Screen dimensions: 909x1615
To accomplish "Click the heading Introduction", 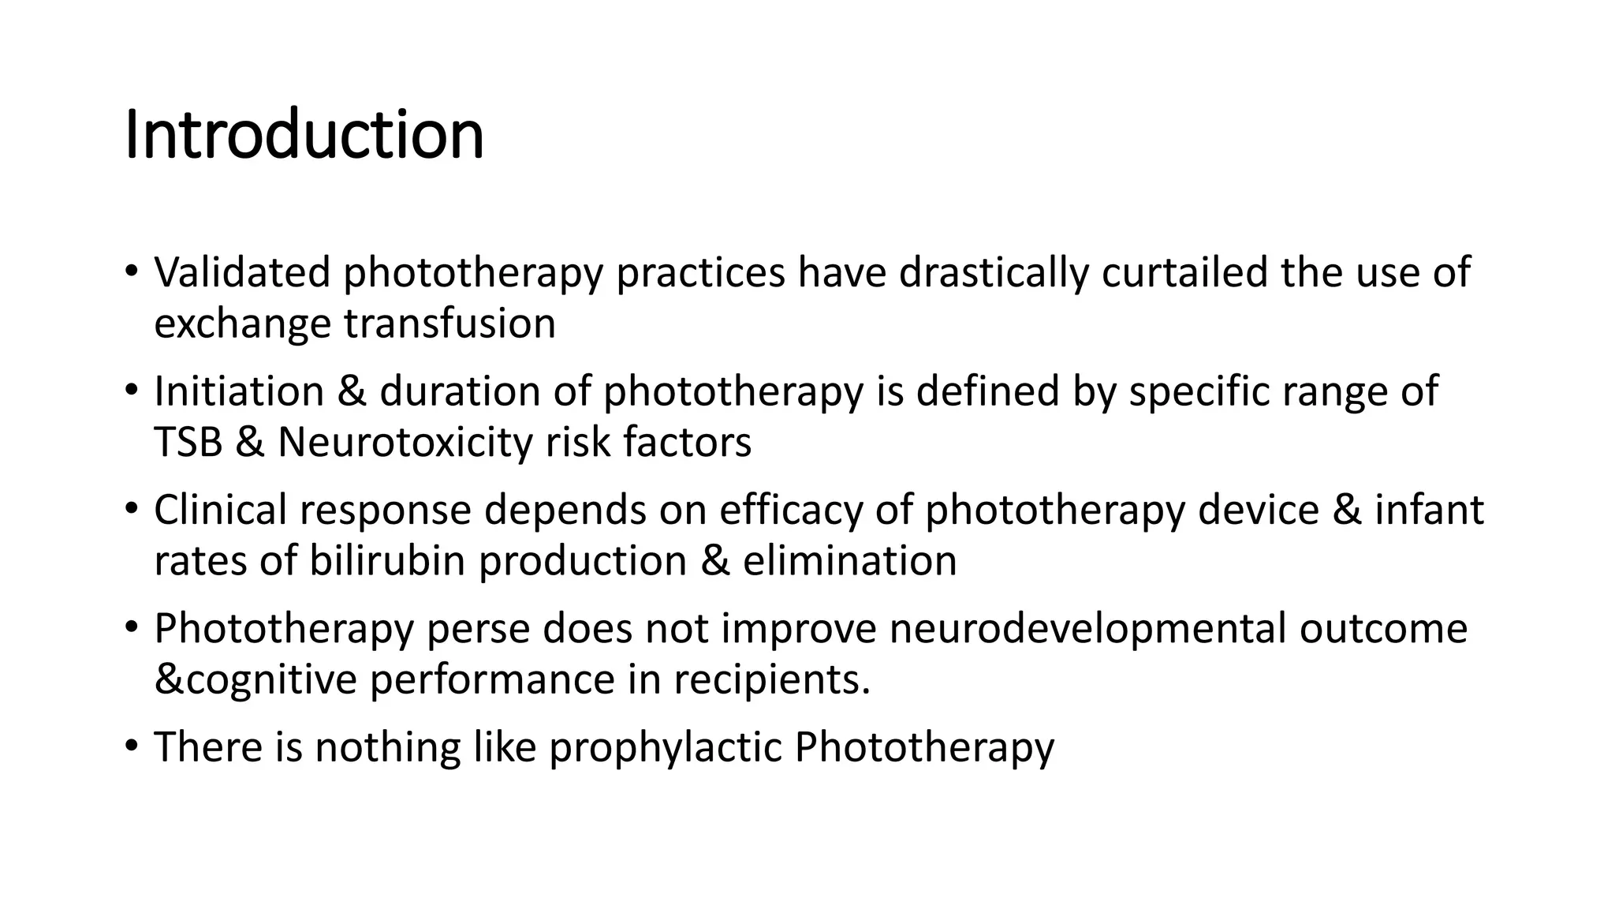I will (304, 135).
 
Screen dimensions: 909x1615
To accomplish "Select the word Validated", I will (242, 273).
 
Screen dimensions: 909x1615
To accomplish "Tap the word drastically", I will (994, 273).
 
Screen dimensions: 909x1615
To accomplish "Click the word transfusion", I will (449, 324).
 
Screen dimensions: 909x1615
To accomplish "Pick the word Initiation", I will (239, 391).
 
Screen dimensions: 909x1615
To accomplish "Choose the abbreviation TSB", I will (188, 442).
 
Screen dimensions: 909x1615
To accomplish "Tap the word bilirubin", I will (387, 561).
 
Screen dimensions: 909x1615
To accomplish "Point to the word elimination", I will (849, 561).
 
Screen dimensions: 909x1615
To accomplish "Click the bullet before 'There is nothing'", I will (131, 746).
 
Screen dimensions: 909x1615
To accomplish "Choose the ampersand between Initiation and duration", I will (352, 391).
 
